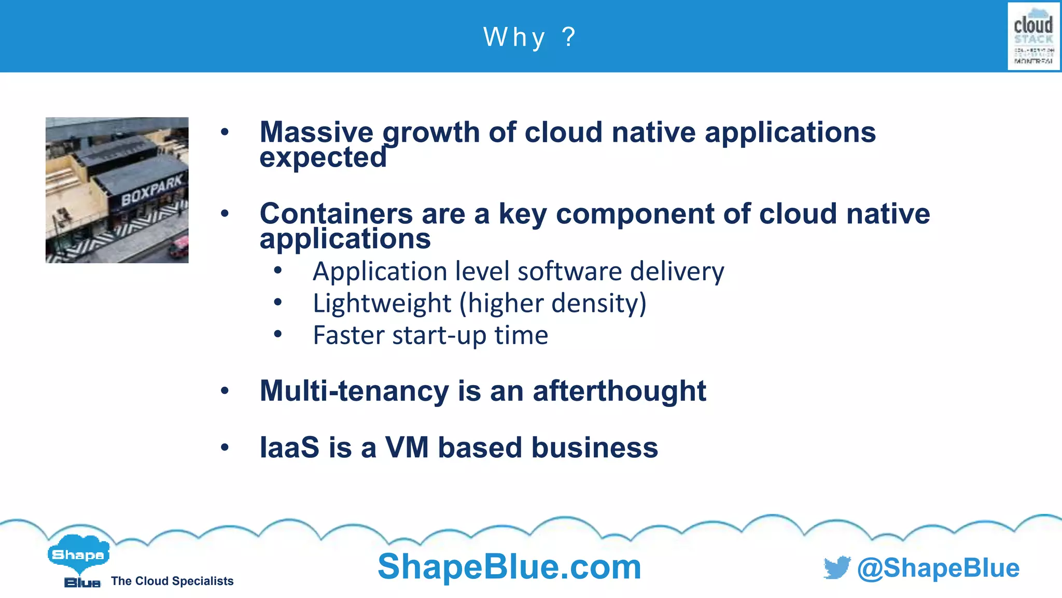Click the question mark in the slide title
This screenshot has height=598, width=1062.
coord(569,37)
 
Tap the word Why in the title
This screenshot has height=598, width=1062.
coord(514,37)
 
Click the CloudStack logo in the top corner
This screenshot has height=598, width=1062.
coord(1033,36)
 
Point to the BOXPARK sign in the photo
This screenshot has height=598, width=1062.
coord(151,191)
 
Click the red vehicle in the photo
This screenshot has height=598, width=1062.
coord(178,247)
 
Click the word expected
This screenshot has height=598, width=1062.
coord(323,157)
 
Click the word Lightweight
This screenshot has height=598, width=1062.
coord(382,303)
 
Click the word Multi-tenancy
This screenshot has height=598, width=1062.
coord(354,391)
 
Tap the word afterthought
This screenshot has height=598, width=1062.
coord(619,391)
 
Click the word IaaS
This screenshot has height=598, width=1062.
coord(289,447)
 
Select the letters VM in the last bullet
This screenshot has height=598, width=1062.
coord(407,447)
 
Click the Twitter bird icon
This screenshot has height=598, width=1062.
coord(837,567)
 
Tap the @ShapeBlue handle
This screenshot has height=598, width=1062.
coord(938,568)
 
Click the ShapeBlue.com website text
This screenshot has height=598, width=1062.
coord(509,566)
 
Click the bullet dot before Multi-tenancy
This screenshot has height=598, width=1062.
coord(225,391)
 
